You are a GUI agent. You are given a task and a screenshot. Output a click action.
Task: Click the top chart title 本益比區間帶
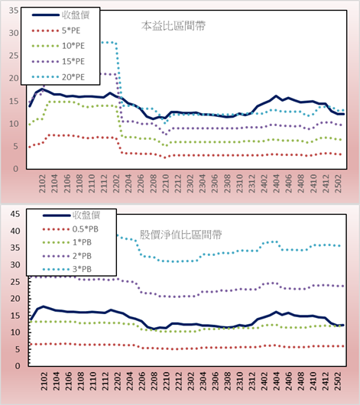pyautogui.click(x=174, y=26)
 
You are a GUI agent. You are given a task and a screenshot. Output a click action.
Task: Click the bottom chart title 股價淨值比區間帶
pyautogui.click(x=180, y=235)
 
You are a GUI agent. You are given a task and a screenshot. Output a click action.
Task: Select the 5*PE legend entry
pyautogui.click(x=71, y=31)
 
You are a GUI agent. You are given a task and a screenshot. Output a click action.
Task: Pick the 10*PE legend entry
pyautogui.click(x=73, y=46)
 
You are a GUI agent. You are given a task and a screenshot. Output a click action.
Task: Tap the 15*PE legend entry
pyautogui.click(x=73, y=61)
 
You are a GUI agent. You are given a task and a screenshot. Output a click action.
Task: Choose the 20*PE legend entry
pyautogui.click(x=73, y=77)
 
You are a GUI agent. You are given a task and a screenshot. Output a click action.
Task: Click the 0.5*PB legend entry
pyautogui.click(x=86, y=229)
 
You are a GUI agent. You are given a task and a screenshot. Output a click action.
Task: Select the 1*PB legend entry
pyautogui.click(x=82, y=242)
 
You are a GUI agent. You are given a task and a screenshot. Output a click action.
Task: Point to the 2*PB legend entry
pyautogui.click(x=82, y=256)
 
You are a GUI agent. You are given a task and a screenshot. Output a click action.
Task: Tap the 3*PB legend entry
pyautogui.click(x=82, y=269)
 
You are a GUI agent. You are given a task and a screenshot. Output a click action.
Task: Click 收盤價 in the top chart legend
pyautogui.click(x=76, y=15)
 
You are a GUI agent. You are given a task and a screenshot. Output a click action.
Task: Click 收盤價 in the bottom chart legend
pyautogui.click(x=86, y=215)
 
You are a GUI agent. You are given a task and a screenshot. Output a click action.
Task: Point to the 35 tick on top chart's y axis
pyautogui.click(x=14, y=11)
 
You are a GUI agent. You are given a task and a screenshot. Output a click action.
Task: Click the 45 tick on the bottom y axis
pyautogui.click(x=15, y=214)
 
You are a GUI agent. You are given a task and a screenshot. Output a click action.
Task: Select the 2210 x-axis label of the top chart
pyautogui.click(x=166, y=183)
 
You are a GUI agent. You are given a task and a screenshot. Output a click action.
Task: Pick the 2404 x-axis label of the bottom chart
pyautogui.click(x=277, y=381)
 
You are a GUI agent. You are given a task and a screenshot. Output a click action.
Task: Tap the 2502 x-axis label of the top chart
pyautogui.click(x=338, y=183)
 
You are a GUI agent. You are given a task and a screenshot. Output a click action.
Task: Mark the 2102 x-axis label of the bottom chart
pyautogui.click(x=44, y=381)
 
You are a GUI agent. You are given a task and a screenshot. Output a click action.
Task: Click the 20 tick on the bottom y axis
pyautogui.click(x=15, y=299)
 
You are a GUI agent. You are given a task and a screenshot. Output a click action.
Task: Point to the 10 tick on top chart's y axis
pyautogui.click(x=14, y=124)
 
